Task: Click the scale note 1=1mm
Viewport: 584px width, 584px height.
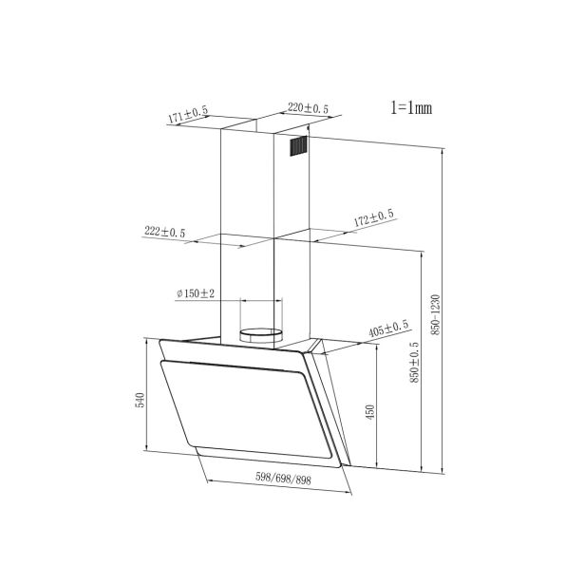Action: pos(411,108)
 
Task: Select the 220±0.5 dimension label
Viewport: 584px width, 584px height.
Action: pos(308,108)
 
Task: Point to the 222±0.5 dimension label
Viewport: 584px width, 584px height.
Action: pos(164,232)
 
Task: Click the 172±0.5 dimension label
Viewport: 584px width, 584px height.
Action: pos(373,218)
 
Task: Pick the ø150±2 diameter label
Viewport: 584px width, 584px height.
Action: pos(196,293)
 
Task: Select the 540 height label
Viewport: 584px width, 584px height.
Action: pos(140,400)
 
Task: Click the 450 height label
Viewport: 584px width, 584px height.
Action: pos(369,412)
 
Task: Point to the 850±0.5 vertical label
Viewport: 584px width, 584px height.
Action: pos(414,363)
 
